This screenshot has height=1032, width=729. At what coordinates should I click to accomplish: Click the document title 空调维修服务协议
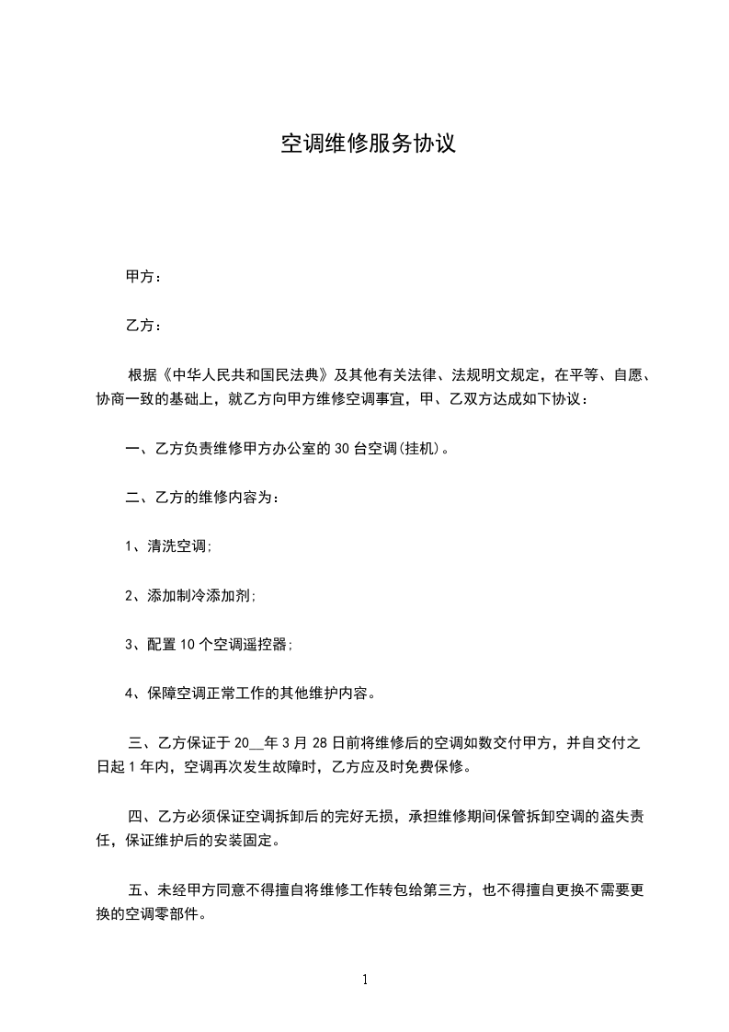(368, 144)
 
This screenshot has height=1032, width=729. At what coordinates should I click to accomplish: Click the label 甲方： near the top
(143, 277)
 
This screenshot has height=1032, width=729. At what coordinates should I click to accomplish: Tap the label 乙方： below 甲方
(143, 326)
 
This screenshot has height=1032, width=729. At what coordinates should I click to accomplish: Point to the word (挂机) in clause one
(419, 449)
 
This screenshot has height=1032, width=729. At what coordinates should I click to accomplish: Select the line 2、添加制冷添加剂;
(190, 595)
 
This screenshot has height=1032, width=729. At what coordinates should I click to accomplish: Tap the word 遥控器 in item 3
(267, 644)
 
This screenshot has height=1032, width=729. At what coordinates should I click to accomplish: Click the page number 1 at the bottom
(365, 980)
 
